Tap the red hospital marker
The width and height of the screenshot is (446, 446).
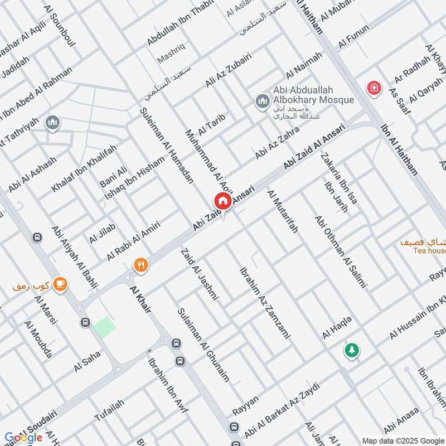[x=373, y=88]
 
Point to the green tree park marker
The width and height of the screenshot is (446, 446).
[x=351, y=350]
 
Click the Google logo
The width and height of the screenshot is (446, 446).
[x=23, y=438]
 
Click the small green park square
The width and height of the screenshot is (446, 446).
[x=104, y=327]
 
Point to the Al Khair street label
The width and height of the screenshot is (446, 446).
[x=140, y=299]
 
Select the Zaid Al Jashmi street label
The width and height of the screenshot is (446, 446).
[x=199, y=274]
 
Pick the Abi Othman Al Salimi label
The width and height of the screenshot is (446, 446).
[x=341, y=251]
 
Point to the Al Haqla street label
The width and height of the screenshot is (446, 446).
[x=337, y=327]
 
